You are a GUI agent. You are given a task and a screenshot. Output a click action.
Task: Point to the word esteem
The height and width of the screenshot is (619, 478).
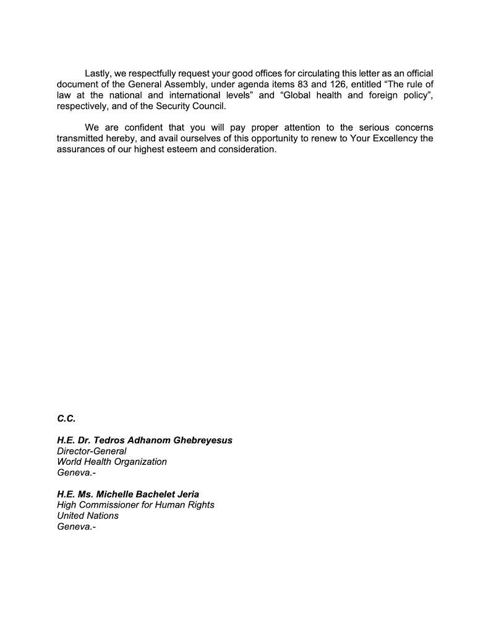click(194, 150)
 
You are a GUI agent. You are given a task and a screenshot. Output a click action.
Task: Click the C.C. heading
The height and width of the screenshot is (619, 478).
click(66, 419)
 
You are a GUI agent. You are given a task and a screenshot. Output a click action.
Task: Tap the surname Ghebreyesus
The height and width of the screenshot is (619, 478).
click(202, 440)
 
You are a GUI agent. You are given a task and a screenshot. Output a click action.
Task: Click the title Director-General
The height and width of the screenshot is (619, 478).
click(92, 451)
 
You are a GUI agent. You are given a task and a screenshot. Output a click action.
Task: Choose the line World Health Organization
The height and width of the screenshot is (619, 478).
click(112, 462)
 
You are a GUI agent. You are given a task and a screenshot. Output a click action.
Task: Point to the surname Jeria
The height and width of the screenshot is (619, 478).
click(186, 494)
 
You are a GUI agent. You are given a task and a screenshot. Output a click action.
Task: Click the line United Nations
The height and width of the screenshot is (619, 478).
click(88, 516)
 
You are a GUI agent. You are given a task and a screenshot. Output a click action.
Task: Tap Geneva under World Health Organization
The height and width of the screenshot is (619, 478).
click(77, 473)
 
